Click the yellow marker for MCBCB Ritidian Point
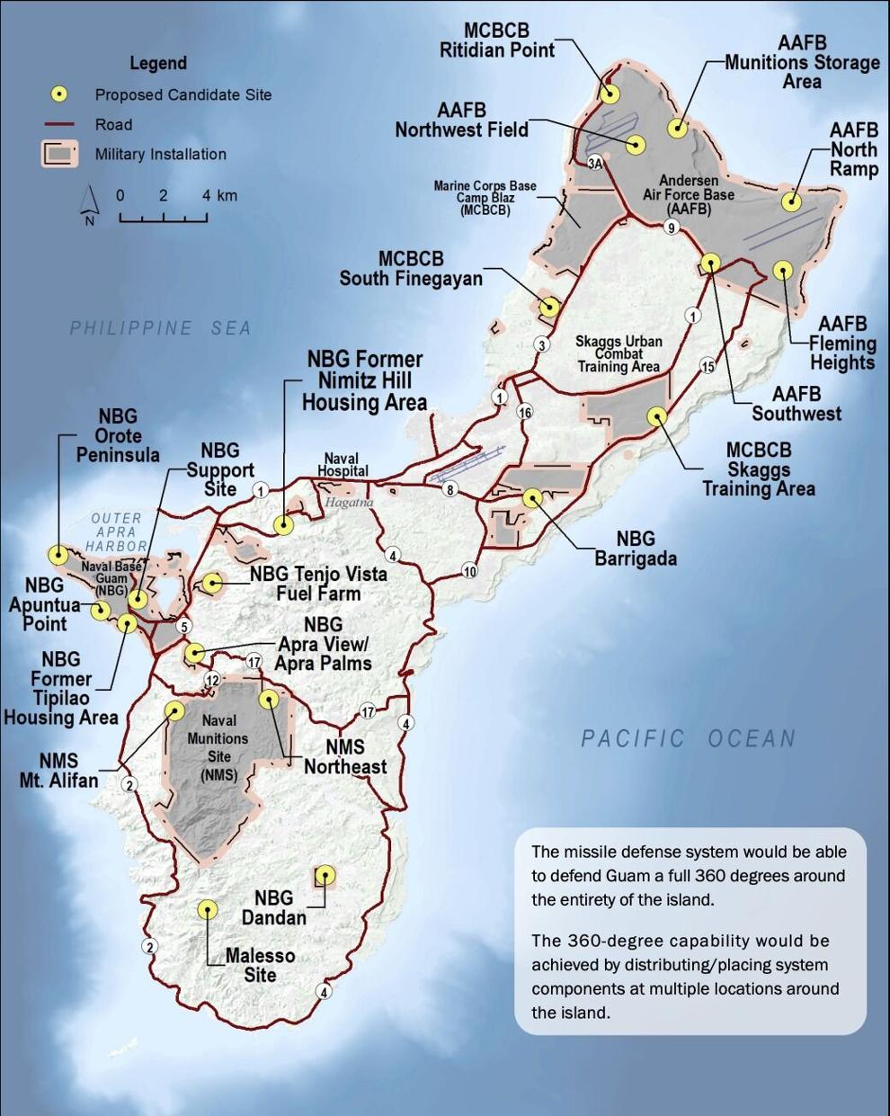click(610, 94)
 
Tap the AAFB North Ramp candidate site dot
click(791, 201)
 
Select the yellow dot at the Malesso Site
click(208, 909)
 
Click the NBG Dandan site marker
click(325, 875)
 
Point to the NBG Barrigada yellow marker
click(532, 496)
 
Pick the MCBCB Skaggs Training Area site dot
click(657, 416)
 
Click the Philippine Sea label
click(160, 328)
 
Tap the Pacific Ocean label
click(689, 738)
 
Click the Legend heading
click(158, 63)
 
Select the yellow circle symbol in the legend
click(59, 94)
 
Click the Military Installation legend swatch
click(59, 154)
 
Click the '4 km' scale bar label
click(219, 195)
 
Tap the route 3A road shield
click(595, 163)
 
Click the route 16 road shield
click(525, 412)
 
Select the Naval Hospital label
click(343, 464)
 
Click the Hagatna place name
click(349, 503)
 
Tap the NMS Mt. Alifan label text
click(58, 771)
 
